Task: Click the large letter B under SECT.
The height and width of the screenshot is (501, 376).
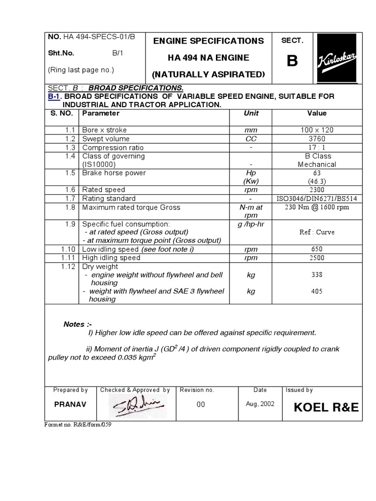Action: [x=292, y=61]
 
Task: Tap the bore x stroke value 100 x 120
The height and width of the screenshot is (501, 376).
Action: [x=317, y=130]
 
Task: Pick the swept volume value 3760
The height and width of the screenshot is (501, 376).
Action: [x=317, y=138]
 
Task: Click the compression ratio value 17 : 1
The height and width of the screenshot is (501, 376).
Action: [x=317, y=147]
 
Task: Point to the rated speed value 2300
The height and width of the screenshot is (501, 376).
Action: [x=317, y=189]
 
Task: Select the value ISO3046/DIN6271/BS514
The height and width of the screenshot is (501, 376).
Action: [x=317, y=199]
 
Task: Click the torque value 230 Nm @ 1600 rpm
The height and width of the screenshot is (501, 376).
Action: [x=317, y=207]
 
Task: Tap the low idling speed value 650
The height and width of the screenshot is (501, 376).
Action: [x=317, y=249]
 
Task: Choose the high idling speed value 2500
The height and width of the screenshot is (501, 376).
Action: [x=317, y=258]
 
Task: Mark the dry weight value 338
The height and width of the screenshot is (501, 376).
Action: [x=317, y=275]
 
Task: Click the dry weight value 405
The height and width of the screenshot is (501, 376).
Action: [x=317, y=292]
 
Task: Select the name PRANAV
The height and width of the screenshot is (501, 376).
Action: [x=70, y=405]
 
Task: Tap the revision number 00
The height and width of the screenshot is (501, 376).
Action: [x=201, y=405]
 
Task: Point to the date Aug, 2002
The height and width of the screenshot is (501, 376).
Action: [x=260, y=404]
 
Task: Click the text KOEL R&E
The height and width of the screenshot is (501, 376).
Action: [x=326, y=408]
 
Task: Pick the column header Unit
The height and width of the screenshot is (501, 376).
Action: [x=251, y=114]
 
